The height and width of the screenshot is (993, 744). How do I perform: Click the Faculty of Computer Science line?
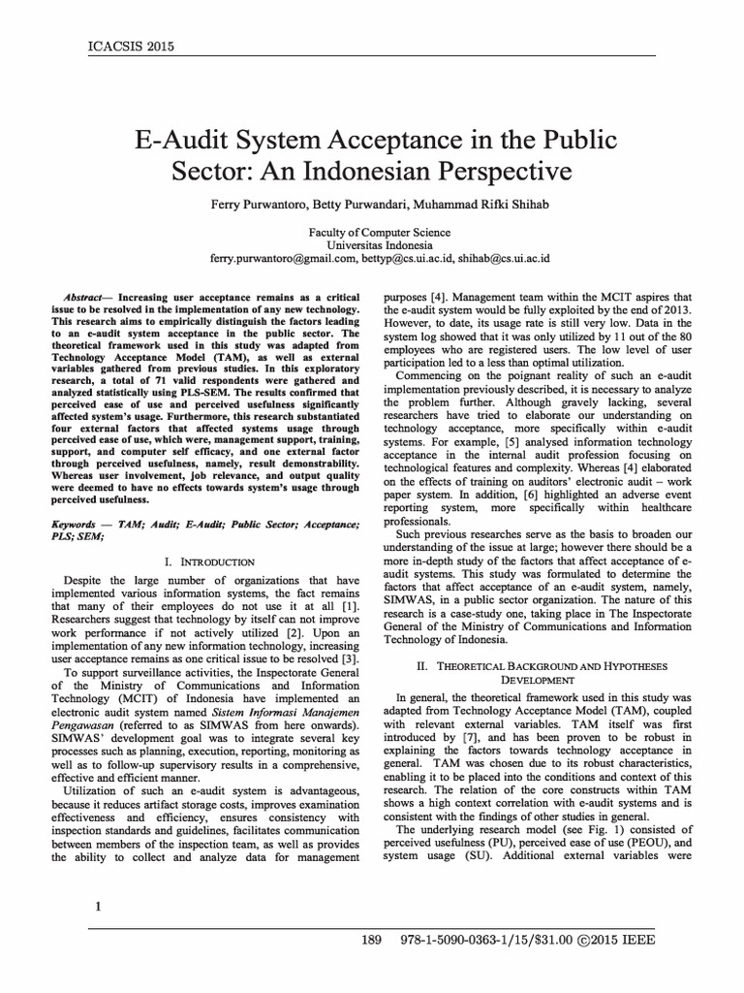coord(372,233)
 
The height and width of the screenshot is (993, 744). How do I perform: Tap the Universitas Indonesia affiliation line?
coord(372,246)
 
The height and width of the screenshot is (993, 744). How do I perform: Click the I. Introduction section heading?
coord(210,561)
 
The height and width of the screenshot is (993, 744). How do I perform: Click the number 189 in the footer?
coord(372,941)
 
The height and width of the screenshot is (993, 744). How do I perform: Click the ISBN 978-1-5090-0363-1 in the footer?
coord(449,941)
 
